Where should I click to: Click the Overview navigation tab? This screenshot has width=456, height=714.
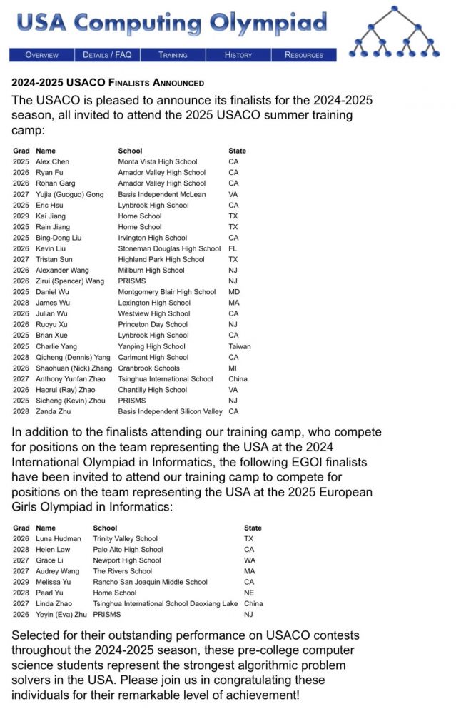(x=41, y=55)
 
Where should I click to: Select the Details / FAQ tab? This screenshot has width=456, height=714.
(x=107, y=55)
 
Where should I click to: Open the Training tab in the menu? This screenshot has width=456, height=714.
(x=173, y=55)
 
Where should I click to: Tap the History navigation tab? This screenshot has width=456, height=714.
(x=238, y=55)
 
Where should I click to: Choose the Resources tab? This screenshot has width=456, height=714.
(x=304, y=55)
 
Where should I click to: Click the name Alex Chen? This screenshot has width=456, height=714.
(x=52, y=162)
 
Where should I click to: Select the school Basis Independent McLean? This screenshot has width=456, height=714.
(x=162, y=194)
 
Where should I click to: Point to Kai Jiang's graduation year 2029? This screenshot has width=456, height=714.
(x=21, y=216)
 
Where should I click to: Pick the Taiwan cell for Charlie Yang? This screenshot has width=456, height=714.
(x=239, y=346)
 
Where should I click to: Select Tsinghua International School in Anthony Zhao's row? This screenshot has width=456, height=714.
(x=166, y=379)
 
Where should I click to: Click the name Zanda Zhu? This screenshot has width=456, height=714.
(x=54, y=412)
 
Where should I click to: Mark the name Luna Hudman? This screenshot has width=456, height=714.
(x=58, y=539)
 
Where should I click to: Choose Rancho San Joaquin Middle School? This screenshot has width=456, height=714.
(x=151, y=583)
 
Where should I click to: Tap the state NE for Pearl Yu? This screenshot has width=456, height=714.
(x=248, y=593)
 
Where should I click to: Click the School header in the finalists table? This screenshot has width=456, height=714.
(x=130, y=151)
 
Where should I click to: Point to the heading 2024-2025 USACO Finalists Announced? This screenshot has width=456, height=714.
(x=108, y=83)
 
